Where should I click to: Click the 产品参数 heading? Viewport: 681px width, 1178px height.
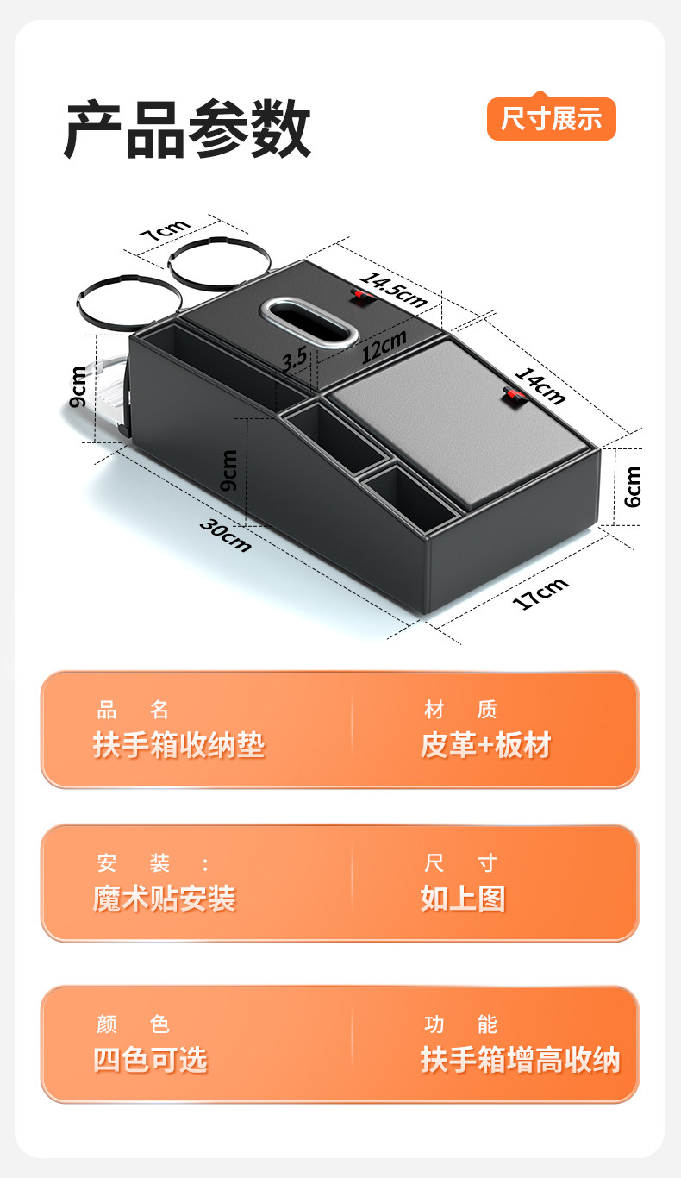click(187, 129)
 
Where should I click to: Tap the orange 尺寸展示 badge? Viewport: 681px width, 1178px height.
click(551, 119)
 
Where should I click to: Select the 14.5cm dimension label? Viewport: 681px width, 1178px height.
click(392, 289)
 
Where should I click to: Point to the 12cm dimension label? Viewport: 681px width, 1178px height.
click(384, 347)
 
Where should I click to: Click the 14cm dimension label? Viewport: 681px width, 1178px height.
click(540, 385)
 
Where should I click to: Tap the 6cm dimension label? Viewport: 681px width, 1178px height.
click(634, 486)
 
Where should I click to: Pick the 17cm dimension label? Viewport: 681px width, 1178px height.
click(540, 593)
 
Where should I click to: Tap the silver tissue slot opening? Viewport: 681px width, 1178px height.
click(310, 322)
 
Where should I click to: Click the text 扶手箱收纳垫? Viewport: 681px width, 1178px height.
click(178, 745)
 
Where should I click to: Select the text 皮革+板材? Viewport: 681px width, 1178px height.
click(485, 745)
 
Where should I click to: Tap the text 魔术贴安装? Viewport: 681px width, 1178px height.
click(164, 899)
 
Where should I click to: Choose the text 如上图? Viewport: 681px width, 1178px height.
click(463, 899)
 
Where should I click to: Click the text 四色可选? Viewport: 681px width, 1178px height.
click(150, 1060)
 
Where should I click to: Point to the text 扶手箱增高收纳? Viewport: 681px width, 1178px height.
click(520, 1060)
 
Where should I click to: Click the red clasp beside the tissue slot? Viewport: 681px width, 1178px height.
click(360, 296)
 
